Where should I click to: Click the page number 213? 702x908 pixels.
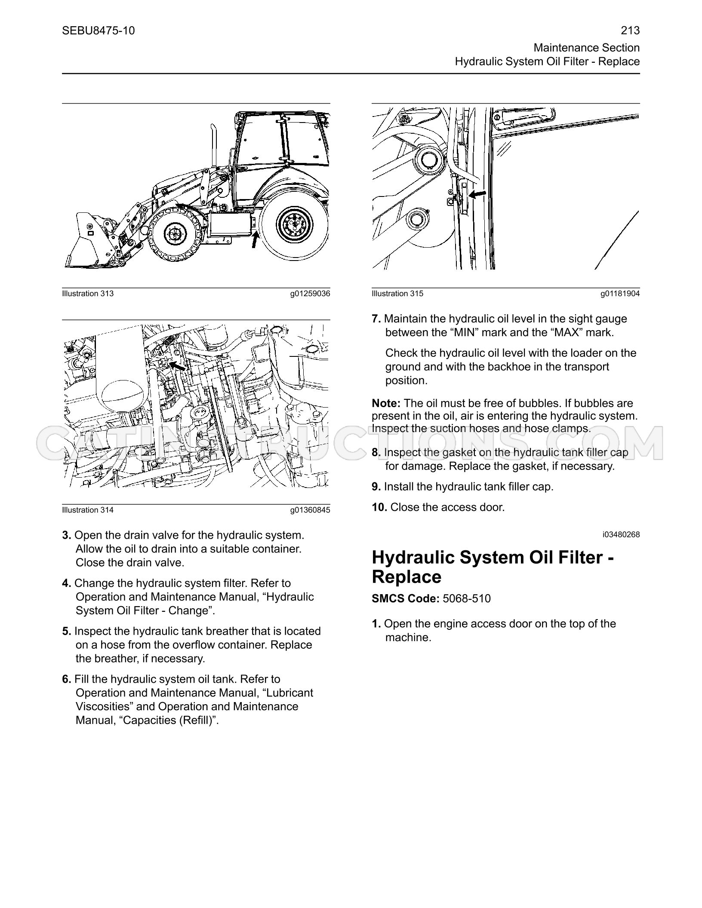point(630,31)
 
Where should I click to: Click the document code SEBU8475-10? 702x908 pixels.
point(98,31)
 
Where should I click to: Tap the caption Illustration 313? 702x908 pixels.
point(88,294)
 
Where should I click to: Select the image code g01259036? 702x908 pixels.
point(310,294)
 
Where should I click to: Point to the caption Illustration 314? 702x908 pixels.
point(88,510)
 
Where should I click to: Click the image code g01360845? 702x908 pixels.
point(310,510)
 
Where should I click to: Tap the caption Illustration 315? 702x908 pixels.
point(397,294)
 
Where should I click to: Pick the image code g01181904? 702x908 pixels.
point(620,294)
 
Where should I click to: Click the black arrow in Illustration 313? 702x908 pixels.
point(256,239)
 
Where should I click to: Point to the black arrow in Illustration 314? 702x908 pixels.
point(177,365)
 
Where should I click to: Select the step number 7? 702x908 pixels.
point(376,319)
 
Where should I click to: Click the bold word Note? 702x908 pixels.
point(386,403)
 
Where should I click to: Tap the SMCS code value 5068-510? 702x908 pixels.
point(467,598)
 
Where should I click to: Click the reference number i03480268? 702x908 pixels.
point(621,535)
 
